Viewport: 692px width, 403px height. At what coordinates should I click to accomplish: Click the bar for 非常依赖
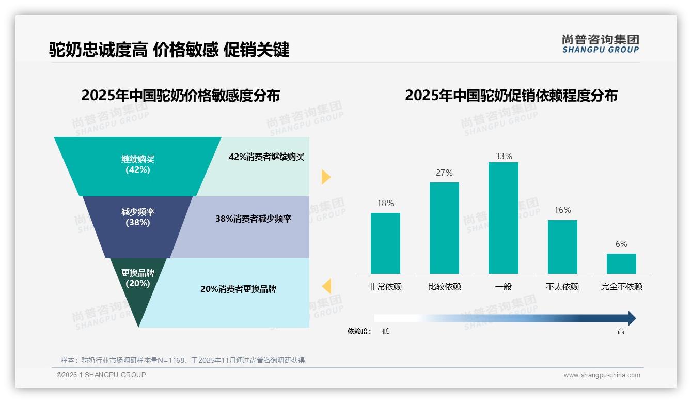coord(385,243)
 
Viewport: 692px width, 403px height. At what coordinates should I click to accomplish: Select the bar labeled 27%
coord(444,228)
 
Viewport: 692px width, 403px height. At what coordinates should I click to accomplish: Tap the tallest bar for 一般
coord(503,218)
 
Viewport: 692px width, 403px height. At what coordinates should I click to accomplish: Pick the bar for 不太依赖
coord(562,247)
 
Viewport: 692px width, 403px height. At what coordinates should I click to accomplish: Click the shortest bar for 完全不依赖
coord(621,263)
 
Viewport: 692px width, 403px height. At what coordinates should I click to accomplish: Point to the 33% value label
coord(504,156)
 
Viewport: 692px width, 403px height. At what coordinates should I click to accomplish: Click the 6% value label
coord(621,244)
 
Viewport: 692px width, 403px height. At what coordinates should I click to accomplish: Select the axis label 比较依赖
coord(444,286)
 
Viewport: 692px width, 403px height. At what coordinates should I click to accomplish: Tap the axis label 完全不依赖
coord(621,286)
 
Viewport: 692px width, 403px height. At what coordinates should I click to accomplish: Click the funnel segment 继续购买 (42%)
coord(137,165)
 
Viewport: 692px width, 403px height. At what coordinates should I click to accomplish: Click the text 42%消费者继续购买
coord(266,157)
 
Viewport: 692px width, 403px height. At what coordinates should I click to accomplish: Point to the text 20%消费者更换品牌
coord(238,289)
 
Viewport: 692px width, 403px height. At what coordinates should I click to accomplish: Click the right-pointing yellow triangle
coord(325,177)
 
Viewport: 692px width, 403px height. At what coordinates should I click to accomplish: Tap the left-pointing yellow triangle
coord(326,286)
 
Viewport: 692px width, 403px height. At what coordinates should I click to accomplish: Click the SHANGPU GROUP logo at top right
coord(600,44)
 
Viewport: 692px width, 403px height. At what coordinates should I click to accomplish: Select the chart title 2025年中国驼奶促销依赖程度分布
coord(511,96)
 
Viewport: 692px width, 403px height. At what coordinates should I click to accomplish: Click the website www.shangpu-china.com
coord(602,375)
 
